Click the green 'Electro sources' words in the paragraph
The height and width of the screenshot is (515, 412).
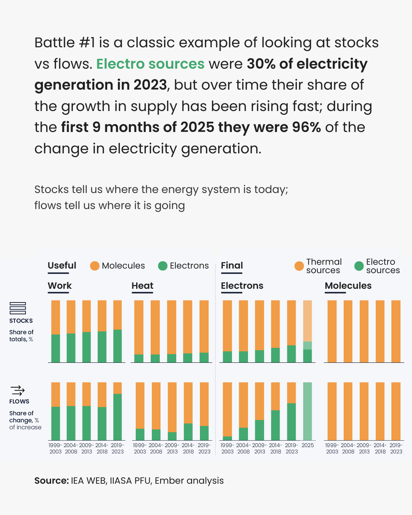[x=150, y=64]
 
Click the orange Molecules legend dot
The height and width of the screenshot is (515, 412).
[x=95, y=266]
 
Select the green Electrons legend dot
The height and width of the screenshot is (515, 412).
[x=163, y=266]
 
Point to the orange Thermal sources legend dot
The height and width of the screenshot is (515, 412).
[x=299, y=266]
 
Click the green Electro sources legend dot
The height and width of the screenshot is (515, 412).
[x=359, y=266]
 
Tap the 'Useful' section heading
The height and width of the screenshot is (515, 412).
[x=62, y=266]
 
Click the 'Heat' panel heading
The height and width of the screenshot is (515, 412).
[x=142, y=286]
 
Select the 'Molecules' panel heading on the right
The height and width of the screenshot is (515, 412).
[x=348, y=286]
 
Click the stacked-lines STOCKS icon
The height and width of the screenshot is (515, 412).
[x=18, y=308]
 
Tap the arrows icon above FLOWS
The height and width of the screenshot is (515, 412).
[x=18, y=390]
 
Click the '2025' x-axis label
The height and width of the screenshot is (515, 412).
[x=307, y=445]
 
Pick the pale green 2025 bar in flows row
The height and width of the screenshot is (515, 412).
[x=307, y=411]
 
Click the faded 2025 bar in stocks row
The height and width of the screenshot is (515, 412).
[x=307, y=331]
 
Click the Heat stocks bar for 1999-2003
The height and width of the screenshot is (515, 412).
[x=139, y=331]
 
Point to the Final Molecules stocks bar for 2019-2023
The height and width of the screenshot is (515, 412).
[x=396, y=331]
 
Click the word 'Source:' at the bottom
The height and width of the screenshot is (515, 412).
[x=51, y=481]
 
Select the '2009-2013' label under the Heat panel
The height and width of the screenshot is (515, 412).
[x=172, y=448]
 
